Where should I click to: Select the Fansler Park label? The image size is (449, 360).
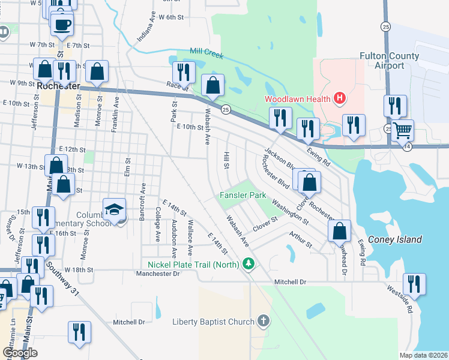(x=243, y=195)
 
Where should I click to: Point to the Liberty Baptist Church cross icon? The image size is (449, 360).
(x=262, y=321)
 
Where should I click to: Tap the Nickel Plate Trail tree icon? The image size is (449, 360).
(x=249, y=263)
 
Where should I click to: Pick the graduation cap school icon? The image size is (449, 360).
(x=113, y=209)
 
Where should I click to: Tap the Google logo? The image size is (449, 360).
(x=20, y=353)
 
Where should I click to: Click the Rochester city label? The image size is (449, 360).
(x=58, y=86)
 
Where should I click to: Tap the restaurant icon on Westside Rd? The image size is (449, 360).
(x=414, y=283)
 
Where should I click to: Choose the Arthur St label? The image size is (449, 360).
(x=300, y=240)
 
